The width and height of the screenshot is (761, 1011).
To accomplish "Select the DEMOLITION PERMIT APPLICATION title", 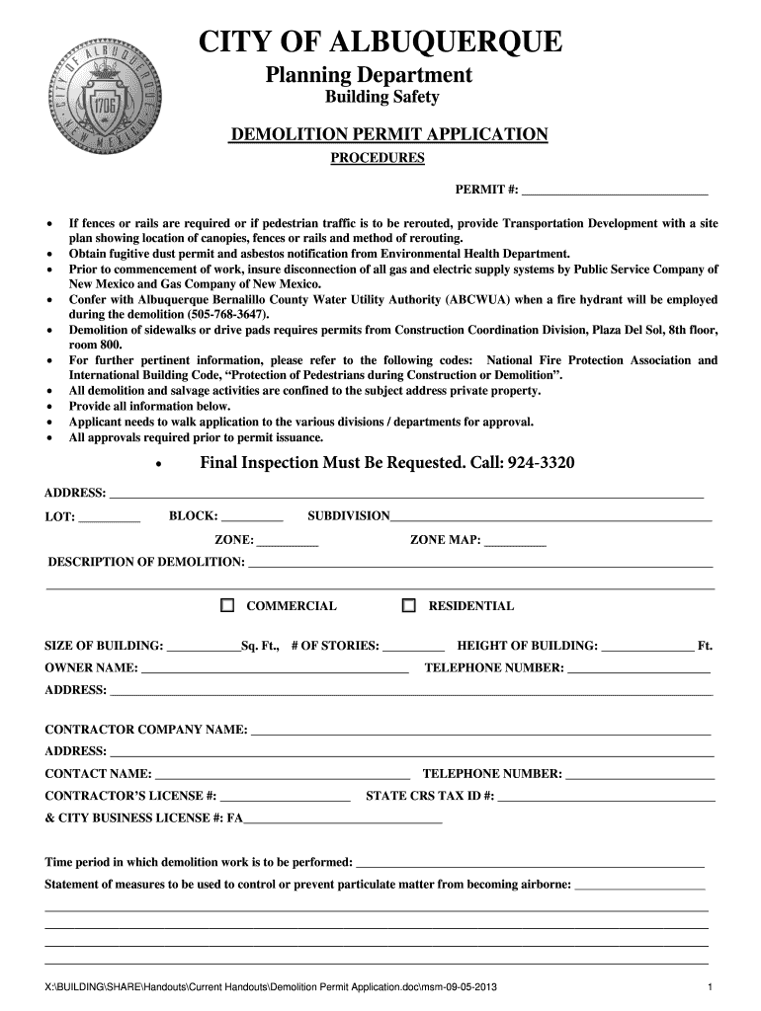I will click(x=388, y=135).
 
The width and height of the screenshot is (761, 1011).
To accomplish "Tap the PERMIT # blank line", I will click(x=615, y=190).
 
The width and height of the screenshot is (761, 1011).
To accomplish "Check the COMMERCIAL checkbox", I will click(x=227, y=605).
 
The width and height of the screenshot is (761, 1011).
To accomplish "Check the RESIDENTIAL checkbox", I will click(x=408, y=605).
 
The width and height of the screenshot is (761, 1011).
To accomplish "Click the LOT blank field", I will click(x=109, y=516).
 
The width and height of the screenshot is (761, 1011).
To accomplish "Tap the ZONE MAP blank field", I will click(x=515, y=541).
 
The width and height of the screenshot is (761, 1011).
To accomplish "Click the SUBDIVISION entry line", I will click(x=550, y=516).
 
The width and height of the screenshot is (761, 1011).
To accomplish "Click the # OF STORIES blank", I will click(x=413, y=647).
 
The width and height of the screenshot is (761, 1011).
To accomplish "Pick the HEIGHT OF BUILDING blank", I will click(x=647, y=647).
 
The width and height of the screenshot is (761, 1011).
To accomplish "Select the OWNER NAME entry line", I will click(x=275, y=669).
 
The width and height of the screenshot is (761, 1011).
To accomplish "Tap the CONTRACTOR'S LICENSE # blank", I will click(x=285, y=796).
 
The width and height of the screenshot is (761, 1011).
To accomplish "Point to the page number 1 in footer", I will click(x=710, y=988).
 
